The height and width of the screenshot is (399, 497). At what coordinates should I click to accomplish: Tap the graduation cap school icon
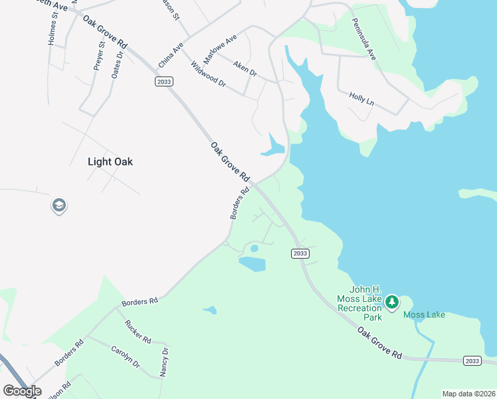tap(58, 205)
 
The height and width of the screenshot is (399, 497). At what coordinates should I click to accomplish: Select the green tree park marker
tap(392, 303)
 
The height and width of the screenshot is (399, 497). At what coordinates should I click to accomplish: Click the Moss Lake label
tap(424, 315)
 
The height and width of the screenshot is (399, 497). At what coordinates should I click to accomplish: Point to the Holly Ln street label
tap(361, 100)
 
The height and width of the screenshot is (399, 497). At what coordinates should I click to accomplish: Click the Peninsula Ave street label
tap(364, 39)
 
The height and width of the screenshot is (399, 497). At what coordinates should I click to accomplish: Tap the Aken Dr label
tap(245, 68)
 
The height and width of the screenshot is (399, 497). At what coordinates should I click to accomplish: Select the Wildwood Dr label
tap(209, 74)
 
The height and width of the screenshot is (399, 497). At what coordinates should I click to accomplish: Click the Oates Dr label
tap(118, 65)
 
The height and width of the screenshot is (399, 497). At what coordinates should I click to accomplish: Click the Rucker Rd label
tap(138, 331)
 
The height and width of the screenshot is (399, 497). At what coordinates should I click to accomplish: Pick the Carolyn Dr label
tap(125, 357)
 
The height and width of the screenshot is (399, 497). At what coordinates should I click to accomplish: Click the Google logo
tap(22, 391)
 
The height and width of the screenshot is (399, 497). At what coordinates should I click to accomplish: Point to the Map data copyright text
tap(468, 394)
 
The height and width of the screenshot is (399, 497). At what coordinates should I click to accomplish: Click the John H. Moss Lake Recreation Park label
tap(359, 303)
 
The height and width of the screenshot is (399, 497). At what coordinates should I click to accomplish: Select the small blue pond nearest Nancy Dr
tap(210, 310)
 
